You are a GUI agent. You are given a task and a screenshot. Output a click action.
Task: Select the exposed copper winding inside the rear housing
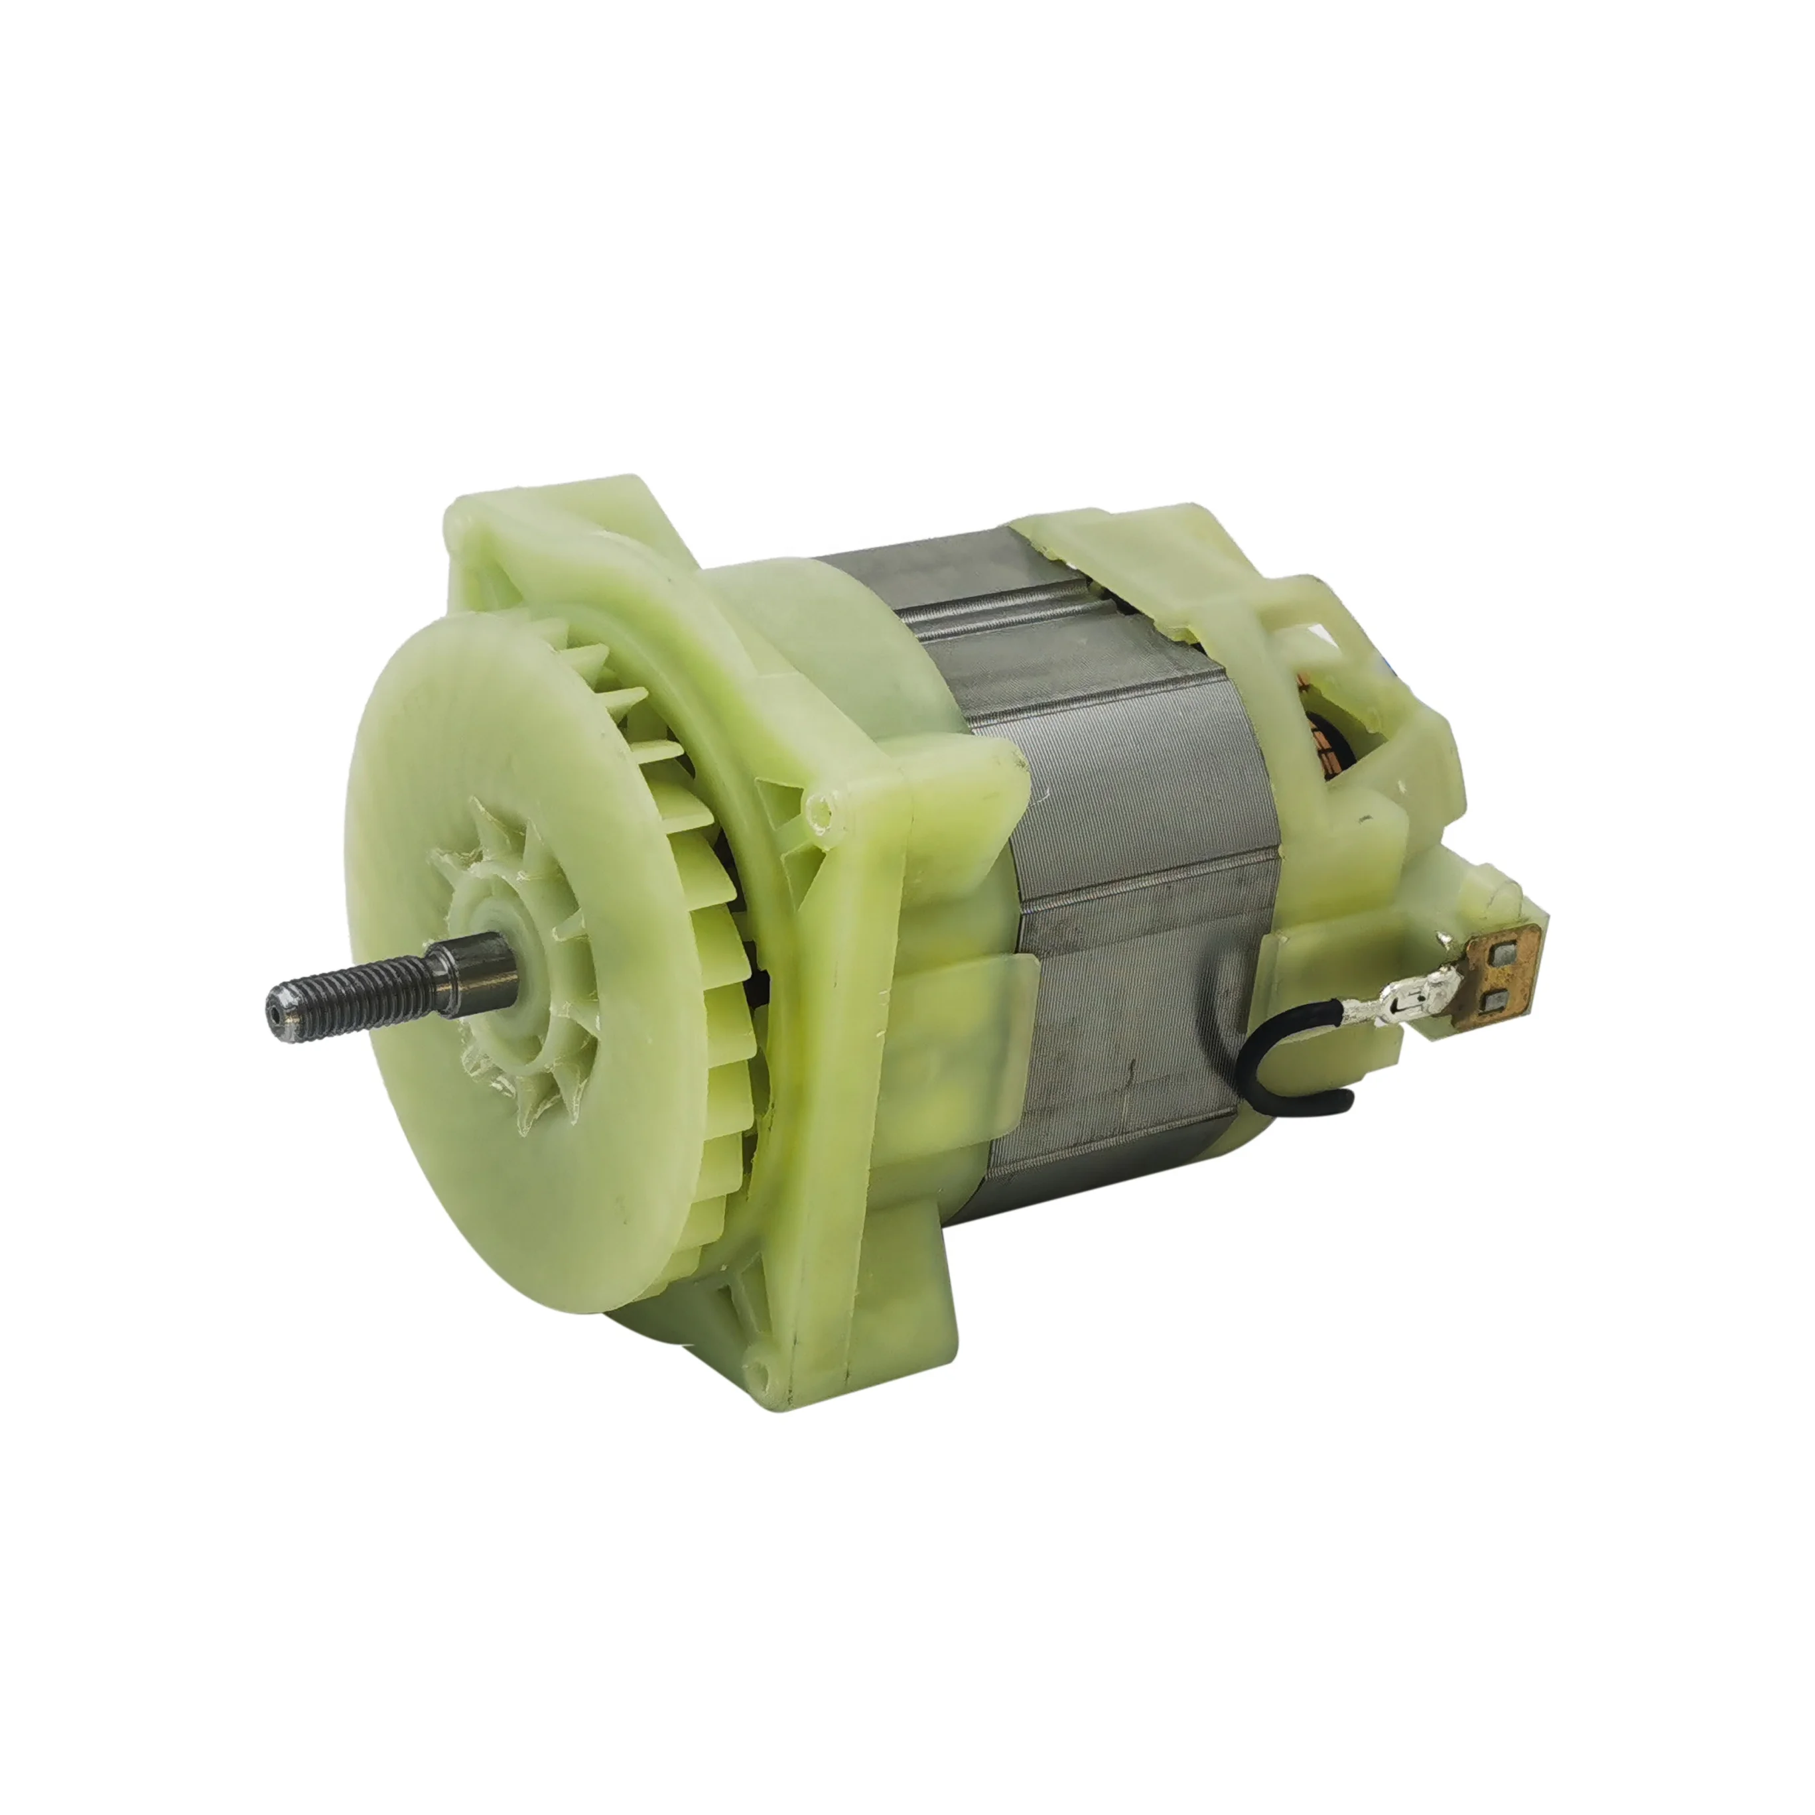click(x=1338, y=752)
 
